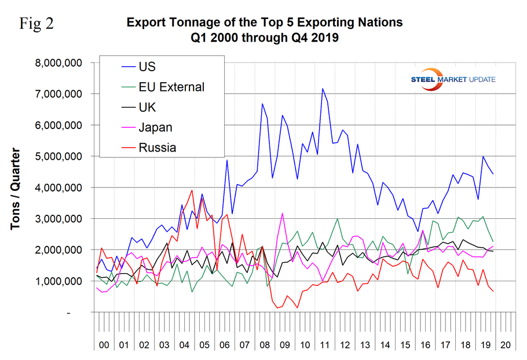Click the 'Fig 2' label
point(38,24)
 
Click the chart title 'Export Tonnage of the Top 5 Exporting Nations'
point(263,23)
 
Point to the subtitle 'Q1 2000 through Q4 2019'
point(263,38)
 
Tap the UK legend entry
point(148,107)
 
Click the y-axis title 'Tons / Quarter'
point(16,188)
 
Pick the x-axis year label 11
point(322,345)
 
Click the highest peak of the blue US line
point(322,88)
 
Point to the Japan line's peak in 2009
point(282,213)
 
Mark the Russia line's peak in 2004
point(192,190)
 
